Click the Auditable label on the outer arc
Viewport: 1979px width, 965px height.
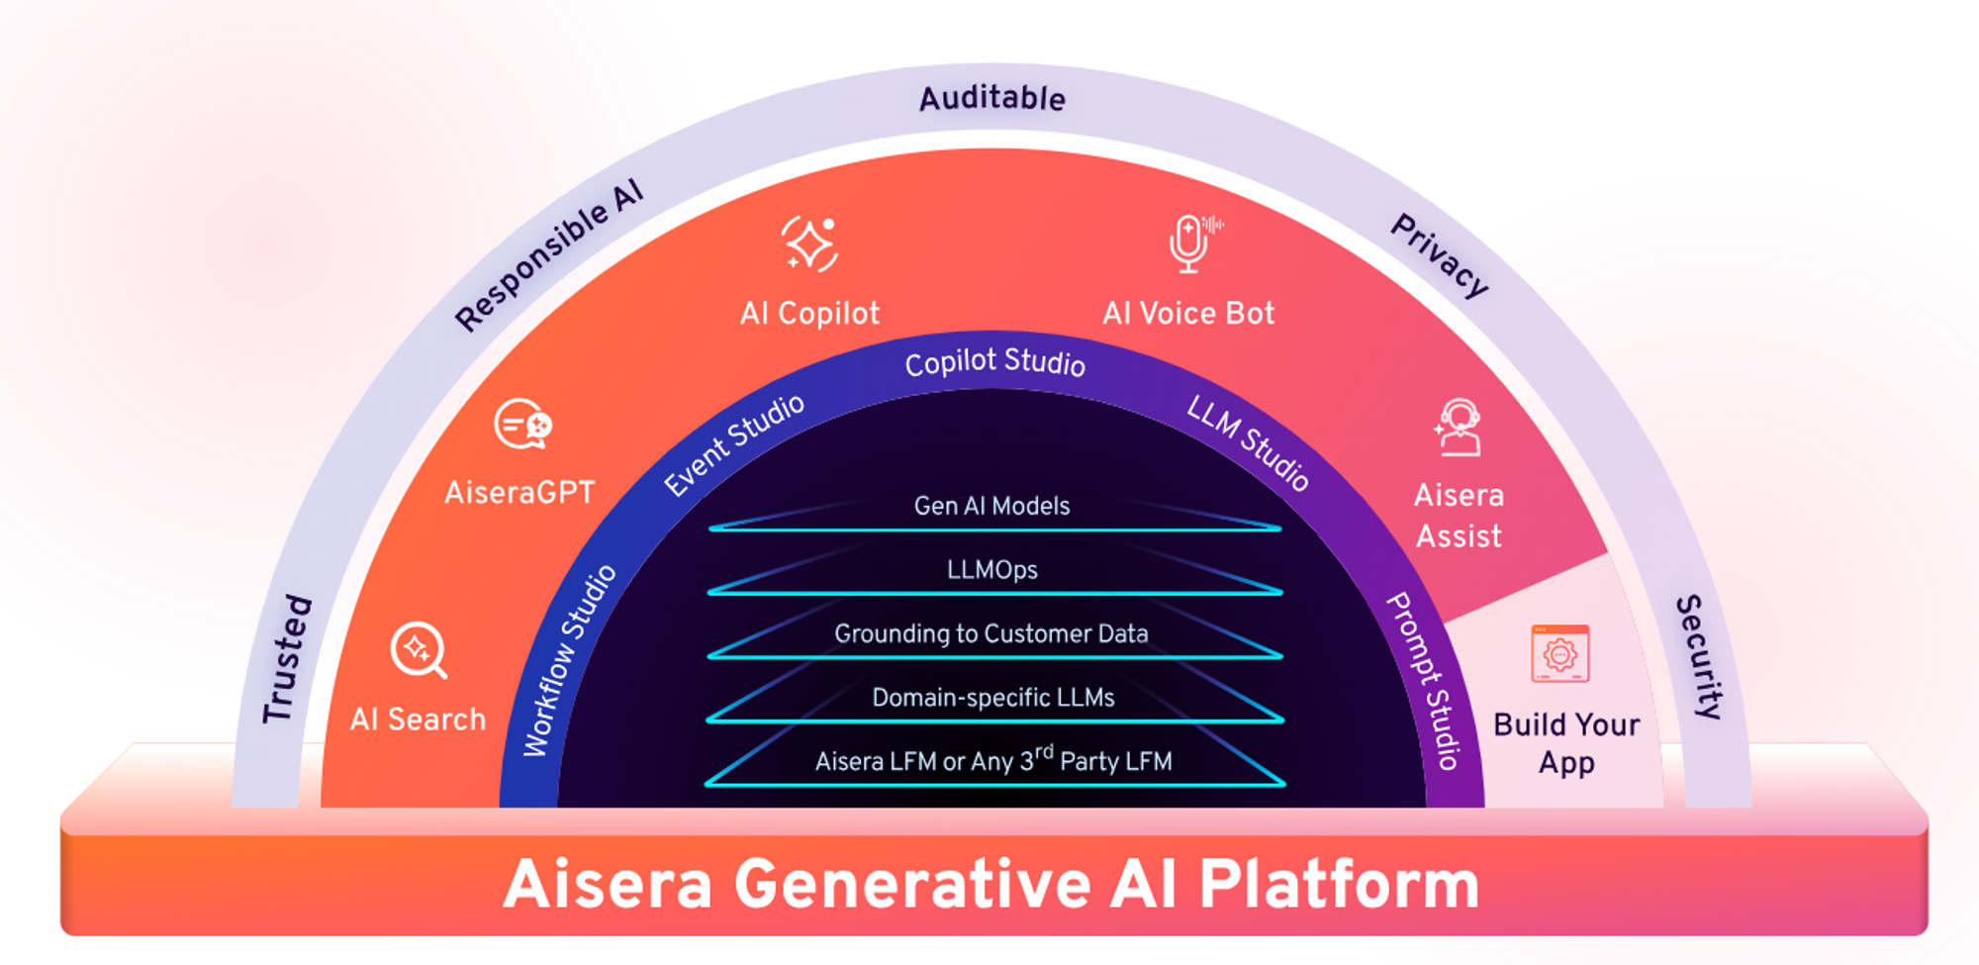click(x=991, y=98)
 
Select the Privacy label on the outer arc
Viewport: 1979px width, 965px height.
click(x=1440, y=255)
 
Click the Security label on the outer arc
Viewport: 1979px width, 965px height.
click(x=1700, y=656)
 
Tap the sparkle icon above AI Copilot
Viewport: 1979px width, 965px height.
click(x=810, y=243)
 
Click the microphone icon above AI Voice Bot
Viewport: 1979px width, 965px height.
click(x=1190, y=243)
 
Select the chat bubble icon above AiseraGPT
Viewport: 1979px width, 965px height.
click(x=522, y=425)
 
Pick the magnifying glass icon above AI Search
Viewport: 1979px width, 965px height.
click(x=419, y=650)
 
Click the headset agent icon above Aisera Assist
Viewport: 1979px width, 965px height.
click(x=1459, y=427)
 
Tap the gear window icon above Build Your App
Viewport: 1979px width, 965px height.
click(x=1560, y=653)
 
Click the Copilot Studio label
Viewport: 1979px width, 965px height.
click(x=994, y=362)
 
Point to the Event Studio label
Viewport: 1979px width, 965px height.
click(x=733, y=445)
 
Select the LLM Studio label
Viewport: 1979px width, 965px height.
click(x=1249, y=441)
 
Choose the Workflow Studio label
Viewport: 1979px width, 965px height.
click(x=569, y=661)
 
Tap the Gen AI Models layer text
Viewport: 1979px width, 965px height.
click(x=991, y=506)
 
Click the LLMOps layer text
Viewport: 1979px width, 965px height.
click(x=991, y=570)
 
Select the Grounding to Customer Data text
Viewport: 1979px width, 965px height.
click(x=991, y=633)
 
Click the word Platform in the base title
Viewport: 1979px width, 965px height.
click(x=1339, y=884)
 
